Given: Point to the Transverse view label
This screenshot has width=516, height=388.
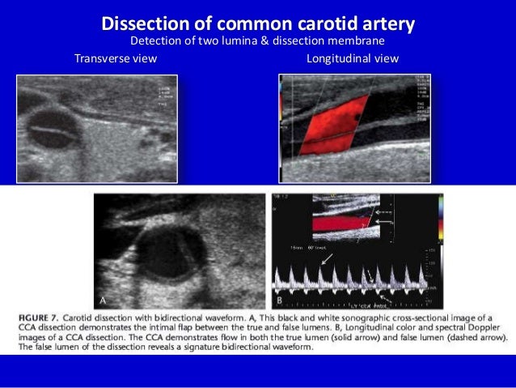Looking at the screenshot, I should click(x=116, y=58).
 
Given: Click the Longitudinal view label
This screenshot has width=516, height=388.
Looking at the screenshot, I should click(x=353, y=58).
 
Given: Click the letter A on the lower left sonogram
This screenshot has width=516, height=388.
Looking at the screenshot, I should click(x=102, y=300).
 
